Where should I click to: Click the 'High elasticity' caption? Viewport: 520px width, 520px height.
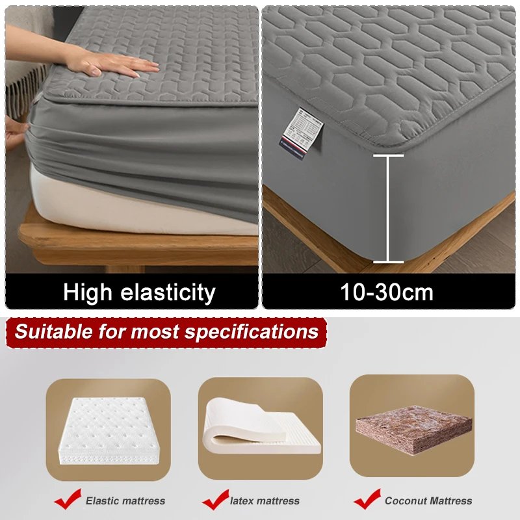[x=139, y=292]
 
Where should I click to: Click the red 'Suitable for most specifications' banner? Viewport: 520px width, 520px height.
[x=167, y=331]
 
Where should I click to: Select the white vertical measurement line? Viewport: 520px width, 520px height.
[x=388, y=208]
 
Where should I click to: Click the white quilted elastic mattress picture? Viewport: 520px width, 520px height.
[x=108, y=426]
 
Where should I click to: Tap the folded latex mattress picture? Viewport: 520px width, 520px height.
[x=260, y=426]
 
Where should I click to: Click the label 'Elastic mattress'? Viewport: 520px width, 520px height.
[x=125, y=500]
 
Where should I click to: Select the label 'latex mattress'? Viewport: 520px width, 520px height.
[x=265, y=500]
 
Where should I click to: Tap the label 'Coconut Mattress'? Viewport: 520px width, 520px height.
[x=428, y=500]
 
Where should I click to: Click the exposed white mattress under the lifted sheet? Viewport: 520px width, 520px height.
[x=130, y=201]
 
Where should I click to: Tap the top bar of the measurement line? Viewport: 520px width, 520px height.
[x=388, y=155]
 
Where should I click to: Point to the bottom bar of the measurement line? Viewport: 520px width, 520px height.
[x=388, y=262]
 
